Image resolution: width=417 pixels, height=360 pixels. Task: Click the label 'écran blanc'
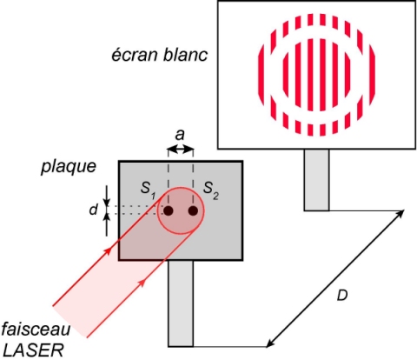tap(160, 55)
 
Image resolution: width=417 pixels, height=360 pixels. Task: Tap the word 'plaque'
tap(69, 167)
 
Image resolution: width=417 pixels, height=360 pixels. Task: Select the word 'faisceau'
tap(36, 330)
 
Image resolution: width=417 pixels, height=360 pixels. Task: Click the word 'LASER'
tap(33, 350)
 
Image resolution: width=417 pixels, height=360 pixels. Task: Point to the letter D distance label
tap(342, 296)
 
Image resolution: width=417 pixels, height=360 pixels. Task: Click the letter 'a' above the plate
tap(180, 135)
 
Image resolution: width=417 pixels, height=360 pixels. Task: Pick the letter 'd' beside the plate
tap(93, 210)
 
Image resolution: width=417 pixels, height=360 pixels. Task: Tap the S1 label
tap(148, 190)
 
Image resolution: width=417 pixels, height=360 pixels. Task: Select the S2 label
tap(210, 190)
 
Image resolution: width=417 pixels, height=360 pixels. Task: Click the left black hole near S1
tap(169, 210)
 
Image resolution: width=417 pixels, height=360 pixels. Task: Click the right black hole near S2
tap(193, 210)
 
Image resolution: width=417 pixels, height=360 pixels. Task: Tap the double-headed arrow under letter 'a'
tap(181, 150)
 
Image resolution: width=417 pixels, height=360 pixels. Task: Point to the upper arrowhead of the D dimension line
tap(400, 213)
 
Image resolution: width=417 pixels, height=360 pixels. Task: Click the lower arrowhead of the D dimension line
tap(270, 343)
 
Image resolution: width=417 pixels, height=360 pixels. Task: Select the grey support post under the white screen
tap(316, 180)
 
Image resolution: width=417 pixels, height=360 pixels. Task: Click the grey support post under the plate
tap(181, 303)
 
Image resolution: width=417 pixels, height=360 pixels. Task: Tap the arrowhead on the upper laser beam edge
tap(108, 250)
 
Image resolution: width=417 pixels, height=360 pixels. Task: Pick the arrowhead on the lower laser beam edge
tap(142, 283)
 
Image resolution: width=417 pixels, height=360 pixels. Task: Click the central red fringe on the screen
tap(310, 75)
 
